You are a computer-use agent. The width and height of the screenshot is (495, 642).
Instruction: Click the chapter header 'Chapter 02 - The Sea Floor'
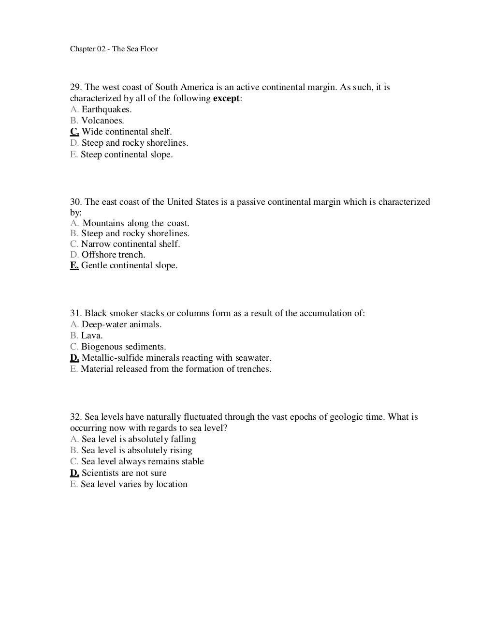114,49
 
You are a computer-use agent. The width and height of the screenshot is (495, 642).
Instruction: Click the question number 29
75,87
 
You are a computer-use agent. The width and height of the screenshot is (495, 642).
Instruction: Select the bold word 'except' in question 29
226,98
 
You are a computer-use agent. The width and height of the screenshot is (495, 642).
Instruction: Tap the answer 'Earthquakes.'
106,109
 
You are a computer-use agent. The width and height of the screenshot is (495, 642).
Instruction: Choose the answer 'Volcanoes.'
102,121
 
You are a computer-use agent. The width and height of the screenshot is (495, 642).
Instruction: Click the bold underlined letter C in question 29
74,132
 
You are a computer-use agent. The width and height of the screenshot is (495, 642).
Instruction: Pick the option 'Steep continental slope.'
127,154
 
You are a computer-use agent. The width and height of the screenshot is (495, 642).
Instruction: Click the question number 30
75,202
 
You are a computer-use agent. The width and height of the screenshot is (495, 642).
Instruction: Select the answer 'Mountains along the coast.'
136,223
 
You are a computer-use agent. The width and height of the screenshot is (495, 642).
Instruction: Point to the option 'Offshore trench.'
113,255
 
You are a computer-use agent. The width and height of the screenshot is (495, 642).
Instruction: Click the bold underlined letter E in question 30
74,265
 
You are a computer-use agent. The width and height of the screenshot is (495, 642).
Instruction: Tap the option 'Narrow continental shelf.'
131,244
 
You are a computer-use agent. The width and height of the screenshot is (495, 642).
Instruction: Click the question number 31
75,313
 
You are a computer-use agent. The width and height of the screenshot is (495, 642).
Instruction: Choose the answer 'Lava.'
92,336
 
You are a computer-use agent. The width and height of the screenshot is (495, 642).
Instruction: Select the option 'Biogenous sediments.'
123,347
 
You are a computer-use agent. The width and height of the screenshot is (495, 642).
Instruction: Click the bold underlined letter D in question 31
74,358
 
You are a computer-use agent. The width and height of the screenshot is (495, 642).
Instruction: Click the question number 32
75,417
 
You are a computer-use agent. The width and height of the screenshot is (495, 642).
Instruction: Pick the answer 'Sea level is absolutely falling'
139,439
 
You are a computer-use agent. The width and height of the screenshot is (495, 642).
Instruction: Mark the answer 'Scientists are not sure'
124,473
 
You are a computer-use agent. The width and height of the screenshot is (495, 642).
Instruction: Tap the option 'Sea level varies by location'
134,484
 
